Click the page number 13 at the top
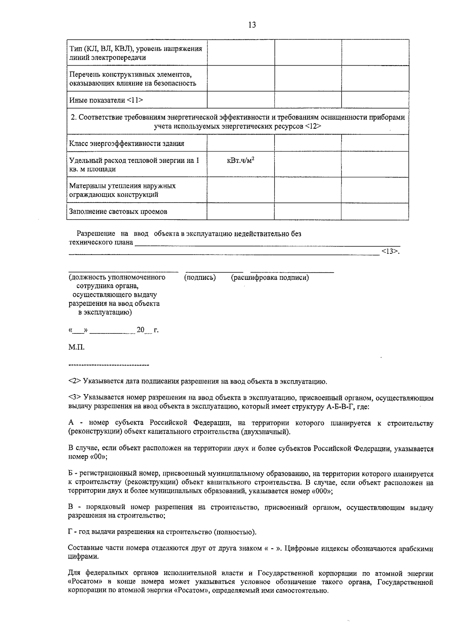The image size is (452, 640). click(x=252, y=25)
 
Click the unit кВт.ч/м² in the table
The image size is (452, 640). click(x=240, y=161)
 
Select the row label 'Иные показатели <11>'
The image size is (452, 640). click(x=106, y=100)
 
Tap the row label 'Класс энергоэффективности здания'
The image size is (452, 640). click(x=127, y=144)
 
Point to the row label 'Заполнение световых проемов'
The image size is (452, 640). click(x=118, y=212)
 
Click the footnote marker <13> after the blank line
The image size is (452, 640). click(x=389, y=251)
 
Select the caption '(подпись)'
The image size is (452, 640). click(x=200, y=278)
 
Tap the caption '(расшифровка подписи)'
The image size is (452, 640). click(x=270, y=278)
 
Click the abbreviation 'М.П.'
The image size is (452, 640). click(x=76, y=347)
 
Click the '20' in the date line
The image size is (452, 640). click(x=140, y=330)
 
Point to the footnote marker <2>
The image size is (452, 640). click(x=75, y=381)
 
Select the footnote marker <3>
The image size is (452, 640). click(x=75, y=398)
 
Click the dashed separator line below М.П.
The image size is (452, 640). click(x=109, y=365)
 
